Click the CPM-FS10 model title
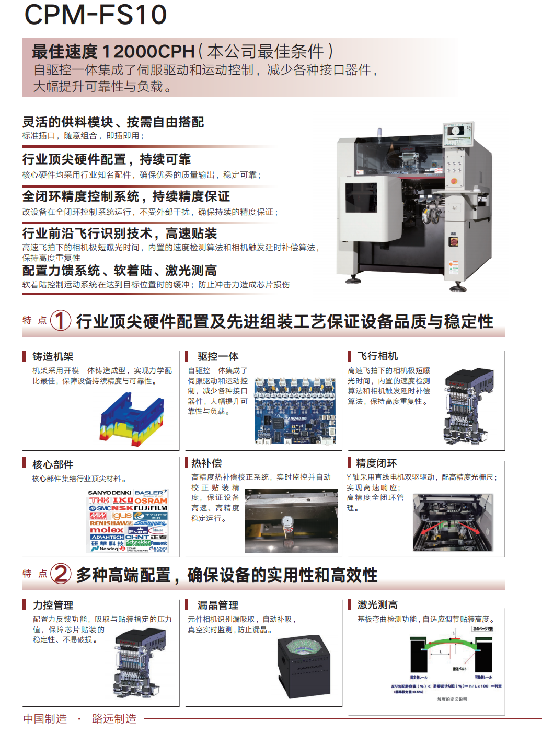click(x=96, y=15)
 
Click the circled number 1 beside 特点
click(x=61, y=320)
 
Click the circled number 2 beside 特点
click(x=61, y=574)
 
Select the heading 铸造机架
click(x=53, y=356)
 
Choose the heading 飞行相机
click(x=377, y=356)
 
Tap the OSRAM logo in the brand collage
click(x=151, y=500)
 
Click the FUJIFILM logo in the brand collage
click(x=151, y=508)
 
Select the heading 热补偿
click(x=206, y=463)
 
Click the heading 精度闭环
click(x=376, y=463)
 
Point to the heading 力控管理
click(x=53, y=605)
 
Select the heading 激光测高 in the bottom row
click(x=377, y=605)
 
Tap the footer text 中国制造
click(x=45, y=719)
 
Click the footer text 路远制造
click(x=114, y=719)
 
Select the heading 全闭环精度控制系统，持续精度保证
click(x=126, y=196)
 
